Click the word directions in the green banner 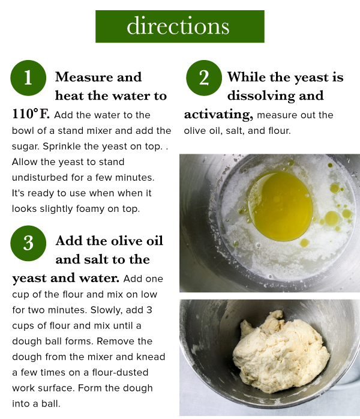pos(178,26)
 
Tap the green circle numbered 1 pos(28,78)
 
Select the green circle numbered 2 pos(204,78)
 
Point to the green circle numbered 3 pos(28,243)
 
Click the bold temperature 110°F pos(31,114)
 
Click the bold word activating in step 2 pos(218,115)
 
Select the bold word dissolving pos(275,96)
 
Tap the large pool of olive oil pos(280,206)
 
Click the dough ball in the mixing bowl pos(281,352)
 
